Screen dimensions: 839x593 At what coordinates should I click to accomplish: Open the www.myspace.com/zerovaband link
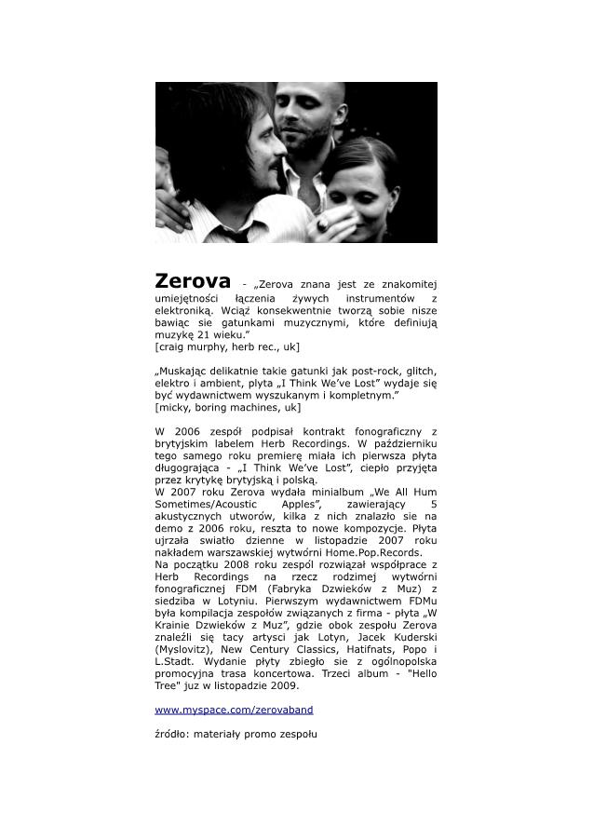234,709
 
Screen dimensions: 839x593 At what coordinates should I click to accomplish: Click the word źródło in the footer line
172,735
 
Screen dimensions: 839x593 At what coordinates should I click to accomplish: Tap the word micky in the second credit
172,407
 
